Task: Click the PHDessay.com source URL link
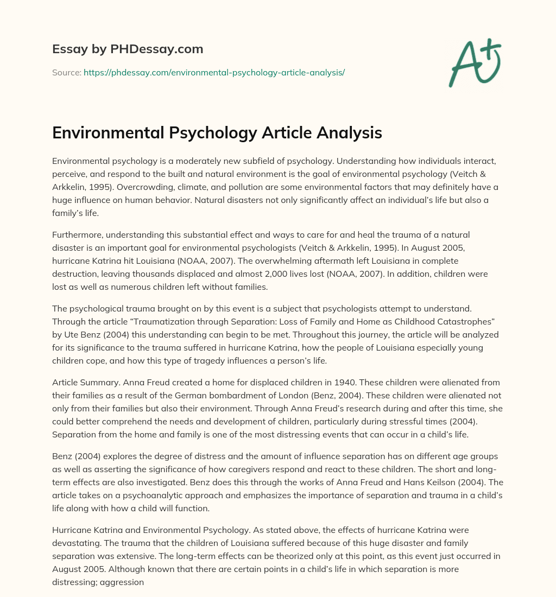[x=214, y=72]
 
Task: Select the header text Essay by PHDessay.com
[x=128, y=49]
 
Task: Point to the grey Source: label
[x=66, y=72]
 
